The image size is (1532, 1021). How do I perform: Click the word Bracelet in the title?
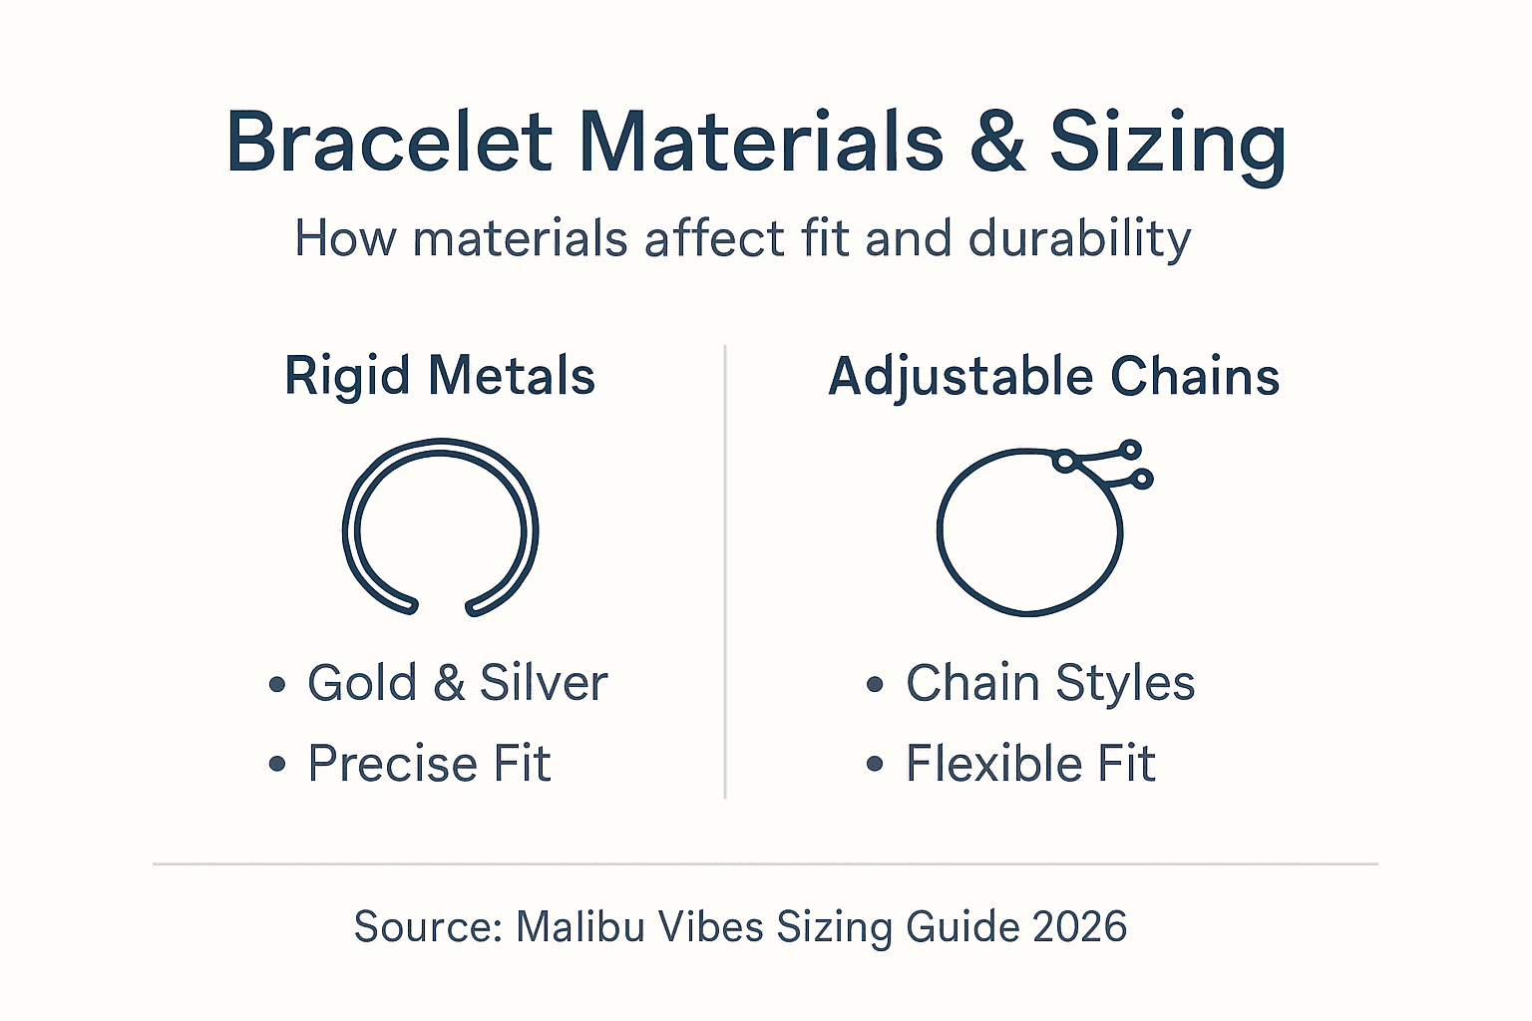tap(389, 143)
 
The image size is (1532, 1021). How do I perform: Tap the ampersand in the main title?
tap(996, 143)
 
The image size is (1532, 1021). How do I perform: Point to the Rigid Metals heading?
tap(440, 377)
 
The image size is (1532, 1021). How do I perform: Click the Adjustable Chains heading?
tap(1053, 377)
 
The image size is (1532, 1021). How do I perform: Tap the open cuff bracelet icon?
tap(440, 526)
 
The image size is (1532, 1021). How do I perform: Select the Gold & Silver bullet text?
tap(457, 684)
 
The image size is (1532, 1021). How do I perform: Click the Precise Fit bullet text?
tap(429, 764)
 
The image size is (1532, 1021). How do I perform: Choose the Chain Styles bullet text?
tap(1049, 684)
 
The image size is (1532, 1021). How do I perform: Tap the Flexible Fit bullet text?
tap(1030, 764)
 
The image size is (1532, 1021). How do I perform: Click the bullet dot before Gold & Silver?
tap(277, 685)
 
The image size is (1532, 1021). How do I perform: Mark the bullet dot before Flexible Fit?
tap(875, 765)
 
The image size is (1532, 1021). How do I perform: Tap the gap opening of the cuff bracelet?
tap(441, 605)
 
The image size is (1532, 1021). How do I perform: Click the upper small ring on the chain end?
tap(1129, 450)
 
